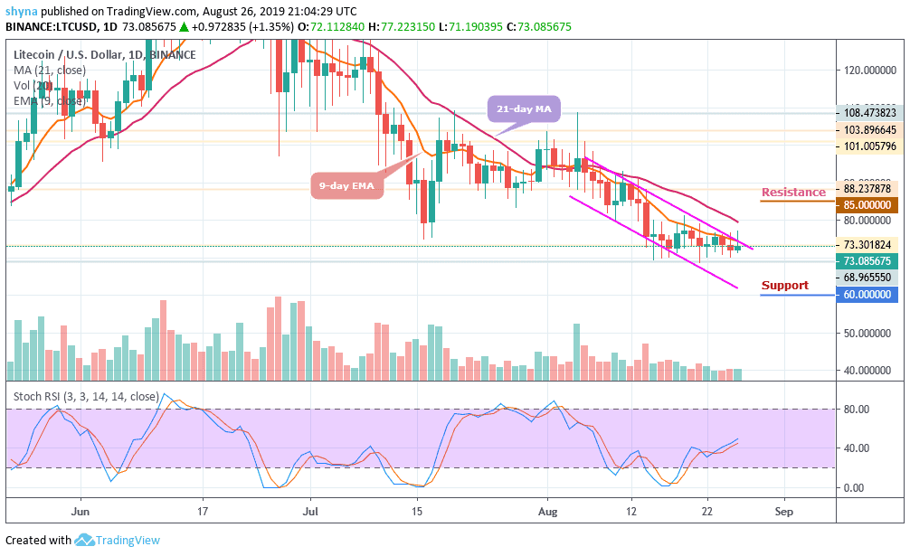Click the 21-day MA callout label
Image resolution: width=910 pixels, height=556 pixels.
coord(524,110)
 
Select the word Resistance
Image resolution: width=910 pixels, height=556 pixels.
coord(793,192)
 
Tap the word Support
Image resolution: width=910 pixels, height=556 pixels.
coord(784,286)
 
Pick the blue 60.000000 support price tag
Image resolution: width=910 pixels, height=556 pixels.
coord(867,295)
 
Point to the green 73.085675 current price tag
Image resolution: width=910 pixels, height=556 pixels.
coord(867,260)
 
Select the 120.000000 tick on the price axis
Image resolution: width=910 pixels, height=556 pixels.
coord(867,71)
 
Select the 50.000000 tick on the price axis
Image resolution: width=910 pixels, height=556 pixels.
coord(867,333)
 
